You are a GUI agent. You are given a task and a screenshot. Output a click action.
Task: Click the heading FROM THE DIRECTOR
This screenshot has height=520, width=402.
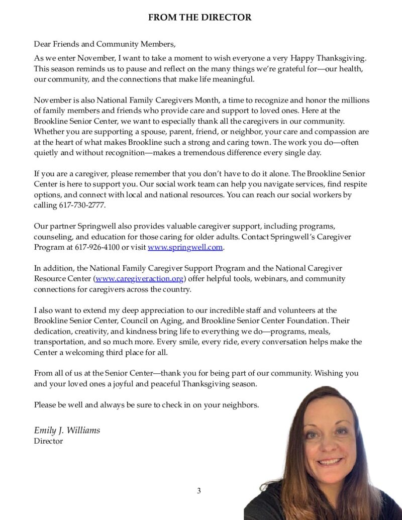pyautogui.click(x=199, y=18)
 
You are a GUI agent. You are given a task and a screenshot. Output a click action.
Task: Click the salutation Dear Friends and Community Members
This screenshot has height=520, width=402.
pyautogui.click(x=105, y=44)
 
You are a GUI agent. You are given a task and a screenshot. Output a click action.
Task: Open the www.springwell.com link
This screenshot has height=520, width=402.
pyautogui.click(x=185, y=247)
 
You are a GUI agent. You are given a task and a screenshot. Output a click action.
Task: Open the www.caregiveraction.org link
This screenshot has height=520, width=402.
pyautogui.click(x=140, y=278)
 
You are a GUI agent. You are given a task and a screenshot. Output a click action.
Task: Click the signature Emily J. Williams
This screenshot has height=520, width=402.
pyautogui.click(x=67, y=430)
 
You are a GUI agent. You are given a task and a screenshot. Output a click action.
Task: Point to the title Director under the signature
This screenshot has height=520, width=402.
pyautogui.click(x=48, y=441)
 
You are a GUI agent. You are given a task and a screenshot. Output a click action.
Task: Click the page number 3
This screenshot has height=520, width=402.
pyautogui.click(x=199, y=491)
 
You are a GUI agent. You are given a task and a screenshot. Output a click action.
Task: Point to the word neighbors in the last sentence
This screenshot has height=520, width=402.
pyautogui.click(x=241, y=405)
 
